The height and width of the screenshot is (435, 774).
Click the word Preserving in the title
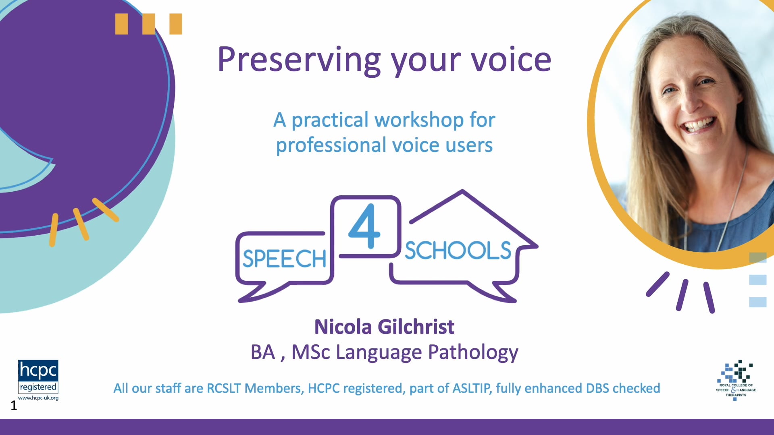click(299, 60)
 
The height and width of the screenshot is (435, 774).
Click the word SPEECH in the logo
click(284, 259)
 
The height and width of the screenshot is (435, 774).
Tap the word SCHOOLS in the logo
click(458, 251)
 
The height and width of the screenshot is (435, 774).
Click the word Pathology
click(473, 353)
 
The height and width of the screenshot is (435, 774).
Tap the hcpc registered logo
click(38, 377)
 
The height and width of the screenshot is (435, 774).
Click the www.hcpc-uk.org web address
click(38, 398)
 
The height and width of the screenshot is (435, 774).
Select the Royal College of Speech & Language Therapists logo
click(736, 379)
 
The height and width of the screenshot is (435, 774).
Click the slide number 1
click(14, 405)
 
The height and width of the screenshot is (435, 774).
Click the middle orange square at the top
click(148, 24)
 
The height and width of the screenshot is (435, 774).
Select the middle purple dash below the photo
click(682, 295)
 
